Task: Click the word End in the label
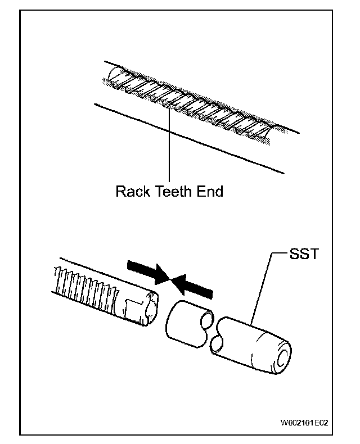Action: click(210, 192)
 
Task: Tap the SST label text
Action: click(304, 253)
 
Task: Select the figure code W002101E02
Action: click(304, 423)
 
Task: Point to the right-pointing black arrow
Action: click(149, 272)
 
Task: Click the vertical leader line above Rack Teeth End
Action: click(169, 144)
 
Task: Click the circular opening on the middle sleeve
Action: click(207, 318)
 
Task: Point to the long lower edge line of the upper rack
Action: click(189, 138)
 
